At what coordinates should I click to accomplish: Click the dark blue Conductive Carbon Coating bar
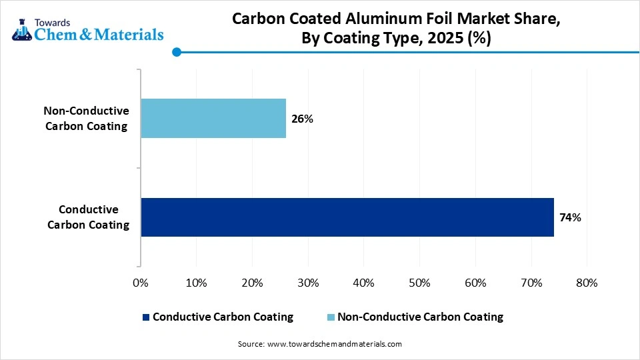pos(347,217)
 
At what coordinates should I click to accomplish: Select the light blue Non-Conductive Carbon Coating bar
pos(213,118)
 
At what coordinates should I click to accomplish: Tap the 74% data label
pos(570,217)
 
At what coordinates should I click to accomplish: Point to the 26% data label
pos(302,119)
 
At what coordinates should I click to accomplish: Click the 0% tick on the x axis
pos(141,283)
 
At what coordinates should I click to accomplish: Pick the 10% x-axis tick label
pos(196,283)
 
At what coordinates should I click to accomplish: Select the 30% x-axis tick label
pos(307,283)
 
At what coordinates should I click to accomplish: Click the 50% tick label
pos(419,283)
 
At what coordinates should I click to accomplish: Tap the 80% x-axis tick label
pos(586,283)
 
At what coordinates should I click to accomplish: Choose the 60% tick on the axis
pos(475,283)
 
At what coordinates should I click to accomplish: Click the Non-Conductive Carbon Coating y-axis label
pos(86,118)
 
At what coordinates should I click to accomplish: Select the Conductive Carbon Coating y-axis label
pos(89,217)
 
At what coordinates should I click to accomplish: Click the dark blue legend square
pos(146,317)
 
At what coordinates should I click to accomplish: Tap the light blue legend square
pos(331,317)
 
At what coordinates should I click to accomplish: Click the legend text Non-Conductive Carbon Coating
pos(420,317)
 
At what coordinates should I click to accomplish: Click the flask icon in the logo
pos(21,29)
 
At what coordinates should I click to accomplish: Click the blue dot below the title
pos(176,52)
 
